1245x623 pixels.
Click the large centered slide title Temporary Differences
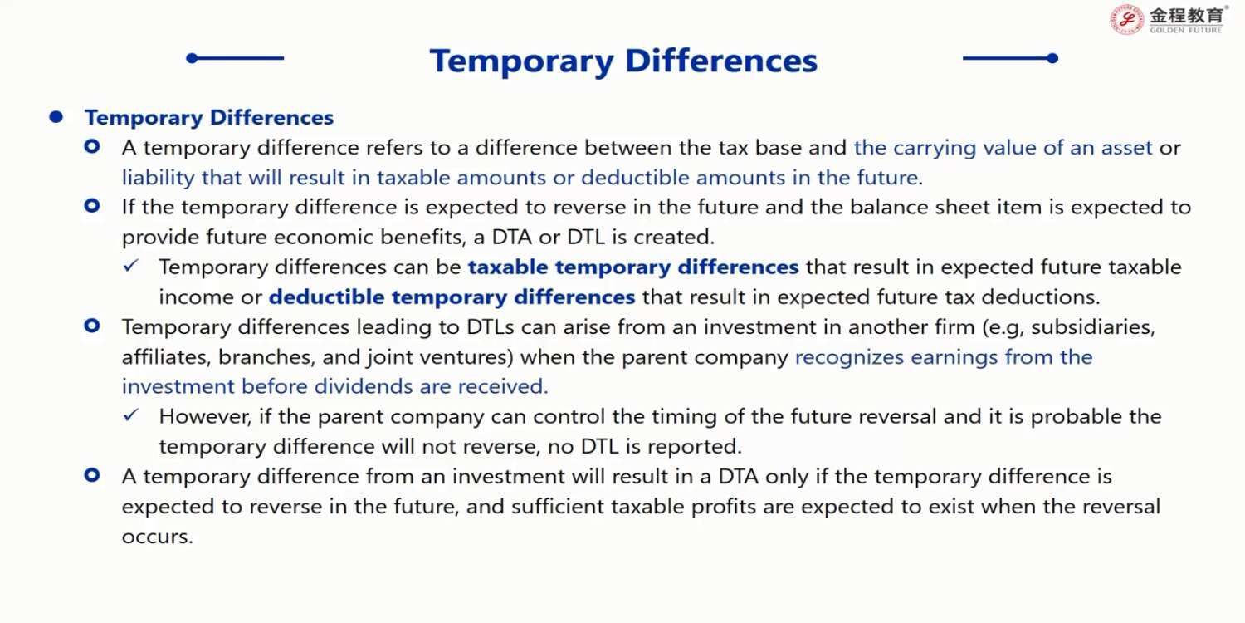pos(623,60)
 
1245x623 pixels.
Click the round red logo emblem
pos(1127,20)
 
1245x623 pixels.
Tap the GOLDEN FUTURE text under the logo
pos(1185,30)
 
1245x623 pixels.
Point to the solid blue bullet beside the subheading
pos(56,117)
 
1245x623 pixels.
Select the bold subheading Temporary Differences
pos(209,118)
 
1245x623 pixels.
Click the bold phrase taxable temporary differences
pos(633,267)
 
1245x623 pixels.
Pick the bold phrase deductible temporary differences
pos(452,297)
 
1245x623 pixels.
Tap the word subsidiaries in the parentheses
pos(1093,327)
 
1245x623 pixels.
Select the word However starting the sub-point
pos(205,417)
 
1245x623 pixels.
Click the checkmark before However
pos(131,415)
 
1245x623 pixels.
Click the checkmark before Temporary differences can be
pos(131,265)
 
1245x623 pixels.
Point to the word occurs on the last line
pos(158,537)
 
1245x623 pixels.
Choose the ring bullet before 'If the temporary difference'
pos(92,206)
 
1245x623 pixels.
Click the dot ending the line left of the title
pos(193,58)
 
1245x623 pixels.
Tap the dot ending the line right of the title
pos(1052,58)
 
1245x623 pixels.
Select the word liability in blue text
pos(159,178)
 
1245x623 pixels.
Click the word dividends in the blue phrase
pos(364,386)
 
